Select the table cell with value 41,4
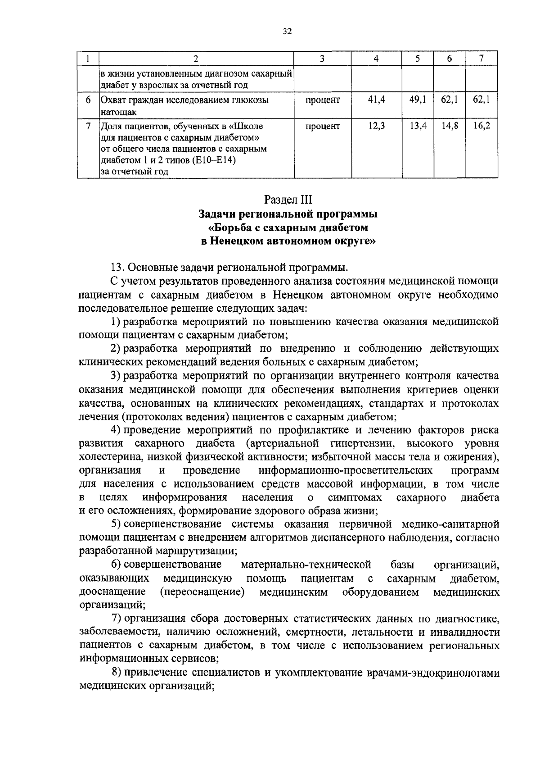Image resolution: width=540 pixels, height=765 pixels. pos(376,100)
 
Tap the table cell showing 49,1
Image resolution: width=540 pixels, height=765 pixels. pos(418,100)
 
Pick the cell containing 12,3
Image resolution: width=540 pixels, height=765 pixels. pos(376,126)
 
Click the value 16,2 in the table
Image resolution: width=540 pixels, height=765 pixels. pos(481,126)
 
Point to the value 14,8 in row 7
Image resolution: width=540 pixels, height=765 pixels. pos(450,126)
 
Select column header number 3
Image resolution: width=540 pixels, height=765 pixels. pos(322,59)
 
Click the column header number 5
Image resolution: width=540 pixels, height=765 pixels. pos(418,59)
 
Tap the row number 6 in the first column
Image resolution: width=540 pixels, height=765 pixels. pos(89,100)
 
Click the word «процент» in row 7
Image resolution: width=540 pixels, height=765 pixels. pos(323,126)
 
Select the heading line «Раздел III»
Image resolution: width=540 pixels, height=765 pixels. pos(288,199)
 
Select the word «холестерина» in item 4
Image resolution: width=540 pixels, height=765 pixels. pos(107,457)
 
